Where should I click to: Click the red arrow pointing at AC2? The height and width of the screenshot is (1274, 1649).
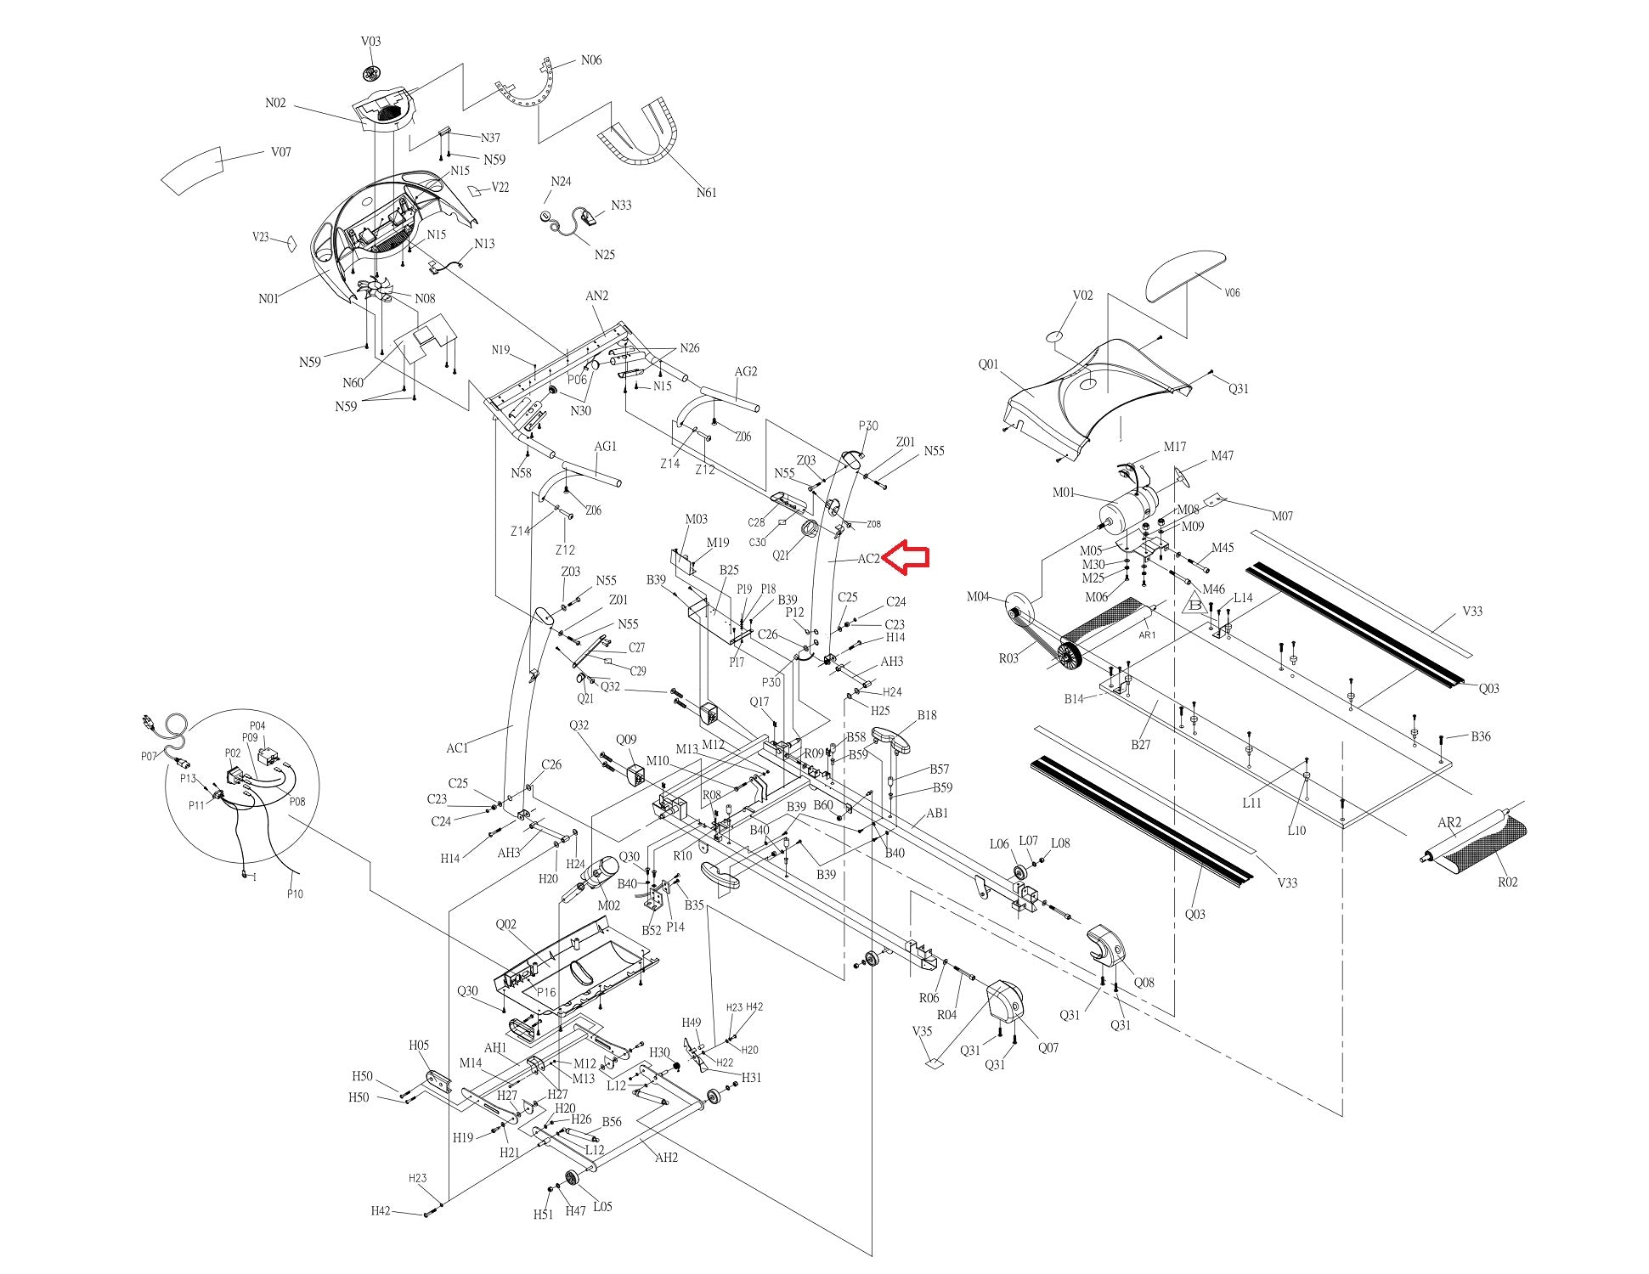(906, 557)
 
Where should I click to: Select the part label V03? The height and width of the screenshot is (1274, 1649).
(370, 41)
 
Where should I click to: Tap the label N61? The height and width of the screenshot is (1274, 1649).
(706, 193)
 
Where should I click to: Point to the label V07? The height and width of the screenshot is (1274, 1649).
(281, 152)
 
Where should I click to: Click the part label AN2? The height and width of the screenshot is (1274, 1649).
(596, 296)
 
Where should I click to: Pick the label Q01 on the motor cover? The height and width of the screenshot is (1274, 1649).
(988, 364)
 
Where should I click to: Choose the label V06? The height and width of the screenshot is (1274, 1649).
(1232, 293)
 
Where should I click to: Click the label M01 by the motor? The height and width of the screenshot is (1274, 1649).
(1064, 493)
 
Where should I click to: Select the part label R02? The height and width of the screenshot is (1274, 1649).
(1507, 882)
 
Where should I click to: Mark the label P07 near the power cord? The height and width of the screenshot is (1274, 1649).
(150, 756)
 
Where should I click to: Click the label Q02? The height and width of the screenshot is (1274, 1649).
(505, 925)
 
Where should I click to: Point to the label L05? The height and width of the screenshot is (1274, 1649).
(602, 1206)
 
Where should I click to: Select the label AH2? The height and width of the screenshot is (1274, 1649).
(666, 1157)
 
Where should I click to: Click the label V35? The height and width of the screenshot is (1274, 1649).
(922, 1031)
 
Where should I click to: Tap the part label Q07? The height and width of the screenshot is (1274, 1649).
(1048, 1048)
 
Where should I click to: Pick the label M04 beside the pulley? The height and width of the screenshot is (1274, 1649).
(978, 597)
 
